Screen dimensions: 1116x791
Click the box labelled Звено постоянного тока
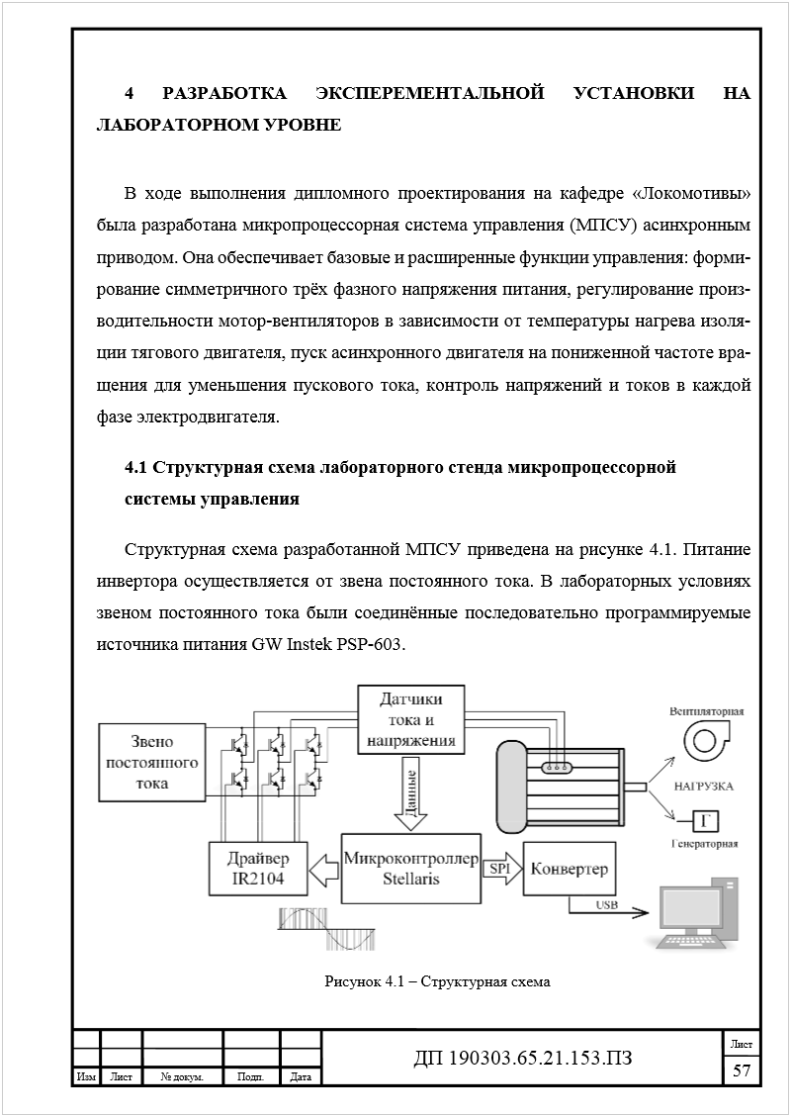[x=150, y=763]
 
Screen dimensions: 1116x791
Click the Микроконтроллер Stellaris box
[x=410, y=867]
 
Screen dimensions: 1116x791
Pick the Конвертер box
[x=569, y=869]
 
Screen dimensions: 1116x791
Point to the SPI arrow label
[x=498, y=869]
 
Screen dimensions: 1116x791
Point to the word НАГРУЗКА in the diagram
[x=703, y=786]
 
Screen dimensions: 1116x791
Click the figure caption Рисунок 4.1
[x=436, y=982]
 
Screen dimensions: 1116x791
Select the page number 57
[x=741, y=1069]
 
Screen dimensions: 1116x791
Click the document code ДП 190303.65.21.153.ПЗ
[x=522, y=1059]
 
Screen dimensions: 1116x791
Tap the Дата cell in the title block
[x=302, y=1077]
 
